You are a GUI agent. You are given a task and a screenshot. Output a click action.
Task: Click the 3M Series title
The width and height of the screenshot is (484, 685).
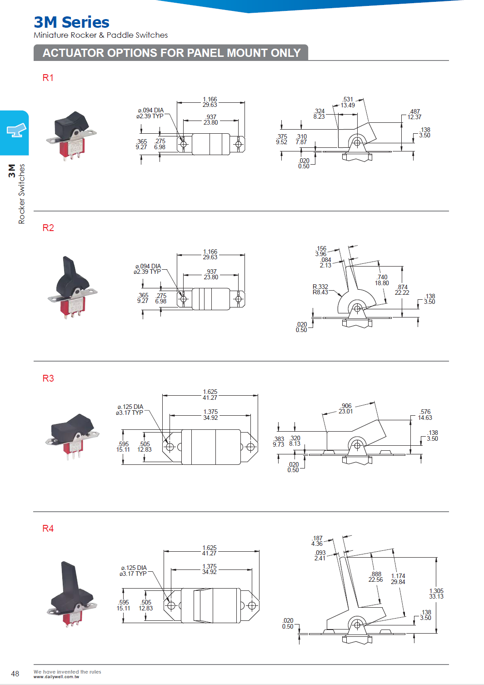click(x=71, y=22)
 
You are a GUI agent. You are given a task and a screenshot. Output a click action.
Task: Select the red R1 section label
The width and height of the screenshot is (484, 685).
click(x=48, y=78)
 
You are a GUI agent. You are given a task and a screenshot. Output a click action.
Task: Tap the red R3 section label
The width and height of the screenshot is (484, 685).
click(x=48, y=378)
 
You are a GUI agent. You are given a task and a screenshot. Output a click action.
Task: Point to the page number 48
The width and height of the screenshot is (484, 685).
click(x=15, y=674)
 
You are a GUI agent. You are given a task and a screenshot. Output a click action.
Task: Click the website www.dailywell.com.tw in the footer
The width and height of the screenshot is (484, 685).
click(x=56, y=677)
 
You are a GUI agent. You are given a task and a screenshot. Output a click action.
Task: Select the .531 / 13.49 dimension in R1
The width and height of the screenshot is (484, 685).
click(x=348, y=102)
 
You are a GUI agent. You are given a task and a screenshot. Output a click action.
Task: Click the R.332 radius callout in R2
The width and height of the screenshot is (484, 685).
click(x=320, y=289)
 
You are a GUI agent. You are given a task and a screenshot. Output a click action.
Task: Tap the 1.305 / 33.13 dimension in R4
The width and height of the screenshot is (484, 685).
click(x=436, y=594)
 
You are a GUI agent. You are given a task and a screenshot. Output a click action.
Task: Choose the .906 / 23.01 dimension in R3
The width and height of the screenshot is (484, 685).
click(x=346, y=408)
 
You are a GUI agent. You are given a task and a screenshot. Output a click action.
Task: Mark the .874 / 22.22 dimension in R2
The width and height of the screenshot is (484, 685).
click(x=402, y=290)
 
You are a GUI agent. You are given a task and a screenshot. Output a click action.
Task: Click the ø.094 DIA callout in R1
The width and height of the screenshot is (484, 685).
click(x=150, y=113)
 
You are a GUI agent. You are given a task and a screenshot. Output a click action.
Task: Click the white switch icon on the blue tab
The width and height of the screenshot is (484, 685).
click(x=16, y=131)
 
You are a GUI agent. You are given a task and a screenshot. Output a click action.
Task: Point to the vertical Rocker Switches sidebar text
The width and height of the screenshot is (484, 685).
click(x=21, y=194)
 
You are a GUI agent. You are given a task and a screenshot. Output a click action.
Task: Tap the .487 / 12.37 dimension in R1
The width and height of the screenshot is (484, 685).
click(x=414, y=114)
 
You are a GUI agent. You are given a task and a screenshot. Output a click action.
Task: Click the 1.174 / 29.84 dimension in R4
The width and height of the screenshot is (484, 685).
click(x=398, y=579)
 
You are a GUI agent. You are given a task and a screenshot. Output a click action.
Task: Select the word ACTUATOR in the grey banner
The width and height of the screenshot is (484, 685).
click(x=73, y=53)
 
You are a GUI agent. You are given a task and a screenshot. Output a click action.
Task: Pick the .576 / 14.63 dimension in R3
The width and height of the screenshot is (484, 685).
click(x=425, y=415)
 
